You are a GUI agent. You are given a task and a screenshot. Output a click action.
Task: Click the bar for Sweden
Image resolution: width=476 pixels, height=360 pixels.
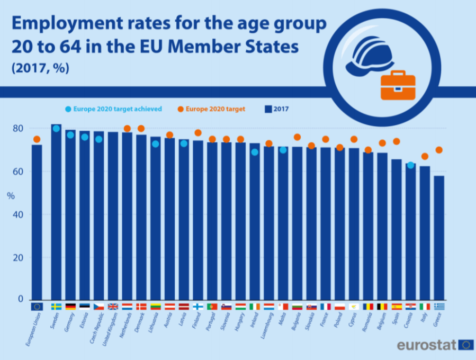point(56,212)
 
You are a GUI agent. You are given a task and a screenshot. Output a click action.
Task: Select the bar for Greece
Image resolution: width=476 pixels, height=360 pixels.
point(439,238)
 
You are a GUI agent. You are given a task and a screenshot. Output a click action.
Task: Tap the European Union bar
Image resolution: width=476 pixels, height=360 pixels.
point(37,222)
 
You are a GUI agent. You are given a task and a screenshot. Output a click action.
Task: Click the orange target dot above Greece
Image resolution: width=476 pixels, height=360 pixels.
point(439,150)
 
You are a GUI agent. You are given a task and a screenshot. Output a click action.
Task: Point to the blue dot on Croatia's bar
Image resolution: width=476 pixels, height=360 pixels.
point(410,165)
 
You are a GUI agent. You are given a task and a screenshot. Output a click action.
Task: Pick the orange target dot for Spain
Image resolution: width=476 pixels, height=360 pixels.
point(396,141)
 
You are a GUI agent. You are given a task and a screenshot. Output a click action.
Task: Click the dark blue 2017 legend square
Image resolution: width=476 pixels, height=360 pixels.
point(268,109)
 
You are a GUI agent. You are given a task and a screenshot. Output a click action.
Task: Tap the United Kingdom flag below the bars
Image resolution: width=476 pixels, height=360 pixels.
point(113,307)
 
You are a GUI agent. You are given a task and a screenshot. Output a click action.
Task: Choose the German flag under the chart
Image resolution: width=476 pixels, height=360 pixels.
point(70,307)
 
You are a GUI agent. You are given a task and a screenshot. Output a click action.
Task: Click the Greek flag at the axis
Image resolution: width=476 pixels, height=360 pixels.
point(439,307)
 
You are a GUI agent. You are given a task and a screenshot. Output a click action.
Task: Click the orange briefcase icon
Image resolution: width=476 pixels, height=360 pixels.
point(398,85)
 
